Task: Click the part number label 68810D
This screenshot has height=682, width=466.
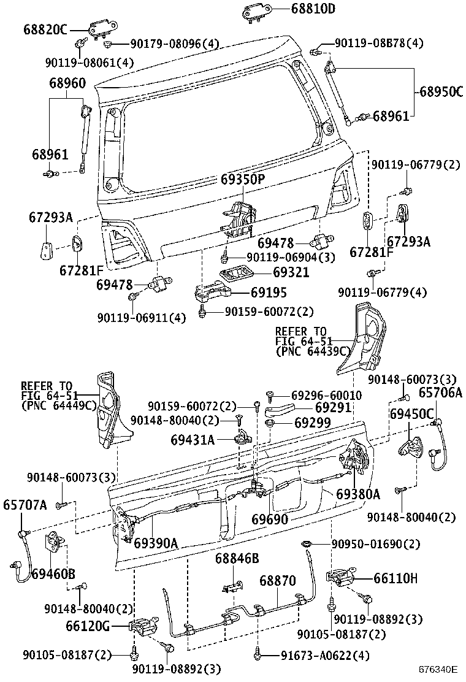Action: pyautogui.click(x=313, y=9)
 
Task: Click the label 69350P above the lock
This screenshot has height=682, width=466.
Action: pyautogui.click(x=243, y=180)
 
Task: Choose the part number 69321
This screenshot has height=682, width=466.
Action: pyautogui.click(x=291, y=272)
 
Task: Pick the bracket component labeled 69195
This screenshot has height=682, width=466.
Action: pyautogui.click(x=211, y=291)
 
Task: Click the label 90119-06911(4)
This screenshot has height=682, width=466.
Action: pyautogui.click(x=141, y=317)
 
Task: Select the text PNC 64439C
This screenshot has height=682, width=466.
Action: pyautogui.click(x=313, y=351)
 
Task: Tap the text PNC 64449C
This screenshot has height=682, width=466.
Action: pyautogui.click(x=59, y=405)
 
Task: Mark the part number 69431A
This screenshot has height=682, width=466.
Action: pyautogui.click(x=193, y=439)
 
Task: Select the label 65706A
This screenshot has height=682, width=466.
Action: pyautogui.click(x=440, y=393)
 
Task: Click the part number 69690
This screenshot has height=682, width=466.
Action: pyautogui.click(x=270, y=519)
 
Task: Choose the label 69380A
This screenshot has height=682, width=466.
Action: pyautogui.click(x=358, y=494)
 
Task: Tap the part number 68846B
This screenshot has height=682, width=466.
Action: pyautogui.click(x=237, y=558)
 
